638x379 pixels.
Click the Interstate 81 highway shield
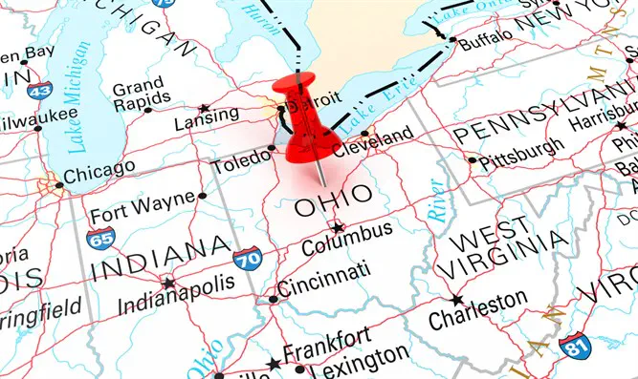[574, 346]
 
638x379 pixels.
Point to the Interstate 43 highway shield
[39, 91]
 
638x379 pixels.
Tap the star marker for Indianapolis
[169, 284]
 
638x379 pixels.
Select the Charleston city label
[476, 305]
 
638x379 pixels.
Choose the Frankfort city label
[327, 339]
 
